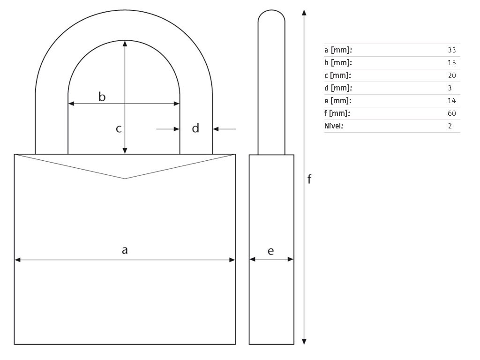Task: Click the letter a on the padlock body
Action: [125, 250]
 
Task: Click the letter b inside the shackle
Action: [102, 97]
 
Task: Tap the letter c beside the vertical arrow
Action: [119, 129]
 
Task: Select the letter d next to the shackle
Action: [195, 127]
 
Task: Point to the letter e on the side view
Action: [270, 251]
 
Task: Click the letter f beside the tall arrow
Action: [309, 179]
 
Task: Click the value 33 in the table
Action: [451, 50]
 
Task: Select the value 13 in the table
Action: [451, 63]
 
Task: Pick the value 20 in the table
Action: [451, 75]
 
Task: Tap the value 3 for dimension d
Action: [450, 88]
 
